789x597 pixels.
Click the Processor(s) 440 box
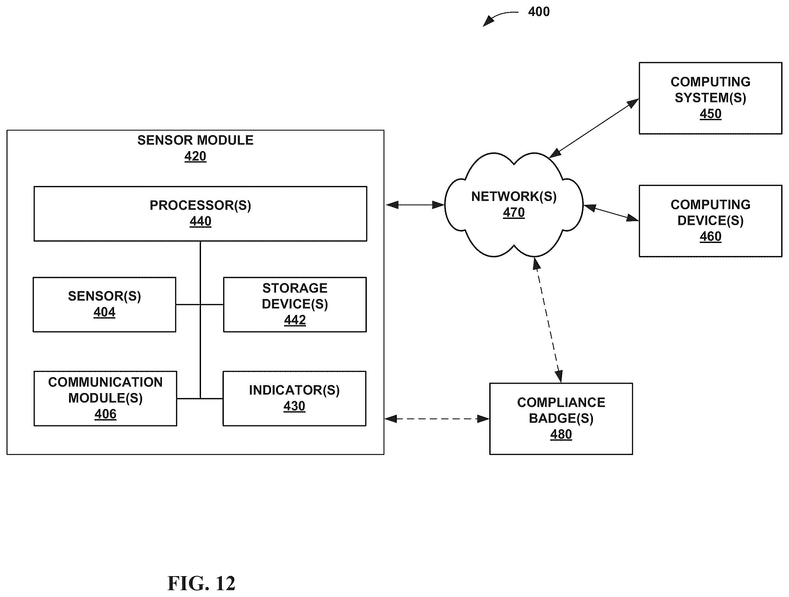click(x=200, y=214)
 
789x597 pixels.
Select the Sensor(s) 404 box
click(x=104, y=305)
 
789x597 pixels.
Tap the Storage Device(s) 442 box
click(x=294, y=305)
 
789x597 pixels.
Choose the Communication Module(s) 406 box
click(x=105, y=398)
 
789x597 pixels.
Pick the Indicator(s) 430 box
click(x=294, y=398)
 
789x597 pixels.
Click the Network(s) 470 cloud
click(x=514, y=205)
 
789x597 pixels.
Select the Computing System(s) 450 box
click(x=710, y=98)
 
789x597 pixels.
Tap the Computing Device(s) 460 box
click(x=710, y=221)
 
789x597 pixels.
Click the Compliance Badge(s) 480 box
click(x=561, y=419)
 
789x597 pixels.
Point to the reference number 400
click(x=538, y=12)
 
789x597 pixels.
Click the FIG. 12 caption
click(x=201, y=583)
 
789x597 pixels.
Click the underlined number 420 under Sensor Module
click(x=195, y=156)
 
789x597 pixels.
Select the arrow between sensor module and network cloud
click(x=415, y=205)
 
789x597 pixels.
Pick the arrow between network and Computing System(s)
click(x=594, y=128)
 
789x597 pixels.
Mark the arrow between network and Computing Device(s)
click(x=611, y=213)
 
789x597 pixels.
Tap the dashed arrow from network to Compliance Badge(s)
click(x=548, y=320)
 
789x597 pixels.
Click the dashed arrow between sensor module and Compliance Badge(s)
click(x=437, y=419)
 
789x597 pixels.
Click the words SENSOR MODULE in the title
click(x=195, y=140)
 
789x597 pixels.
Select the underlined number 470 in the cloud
click(x=514, y=213)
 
